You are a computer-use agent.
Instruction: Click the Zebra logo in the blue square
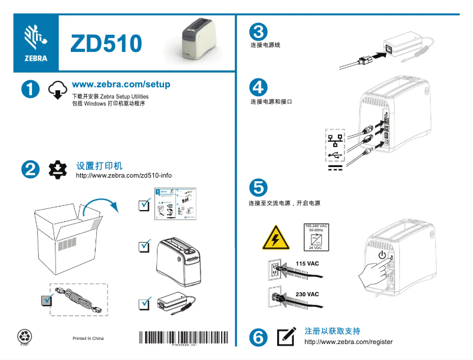tap(35, 42)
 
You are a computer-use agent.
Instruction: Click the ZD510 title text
tap(106, 43)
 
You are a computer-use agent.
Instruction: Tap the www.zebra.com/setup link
tap(120, 84)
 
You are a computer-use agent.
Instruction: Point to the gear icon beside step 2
tap(57, 169)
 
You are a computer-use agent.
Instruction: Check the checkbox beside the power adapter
tap(144, 305)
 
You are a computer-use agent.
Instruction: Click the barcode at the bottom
tap(183, 338)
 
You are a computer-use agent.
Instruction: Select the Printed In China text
tap(88, 339)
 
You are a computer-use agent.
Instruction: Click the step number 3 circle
tap(258, 32)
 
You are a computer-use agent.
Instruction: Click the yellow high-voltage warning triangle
tap(274, 240)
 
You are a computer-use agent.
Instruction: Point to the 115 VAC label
tap(307, 263)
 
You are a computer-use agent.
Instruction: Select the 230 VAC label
tap(307, 294)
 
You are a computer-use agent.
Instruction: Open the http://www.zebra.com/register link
tap(348, 342)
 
